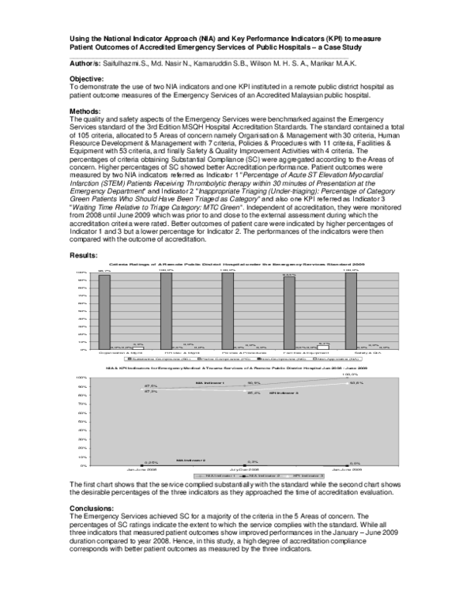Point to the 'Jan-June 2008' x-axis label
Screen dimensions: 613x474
coord(140,469)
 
